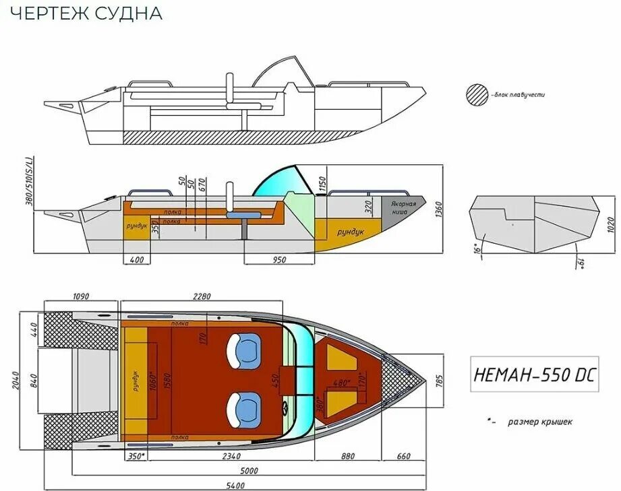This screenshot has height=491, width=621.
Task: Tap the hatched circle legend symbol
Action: pos(477,94)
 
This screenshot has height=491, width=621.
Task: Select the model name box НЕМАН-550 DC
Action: pos(533,375)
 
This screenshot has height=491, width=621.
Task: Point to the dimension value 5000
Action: pos(247,470)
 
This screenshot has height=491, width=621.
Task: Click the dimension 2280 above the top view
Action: pos(202,296)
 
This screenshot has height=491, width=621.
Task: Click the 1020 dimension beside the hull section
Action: pos(611,224)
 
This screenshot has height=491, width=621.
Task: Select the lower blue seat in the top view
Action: pos(244,409)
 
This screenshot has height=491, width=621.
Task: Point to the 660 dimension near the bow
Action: pos(403,456)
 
